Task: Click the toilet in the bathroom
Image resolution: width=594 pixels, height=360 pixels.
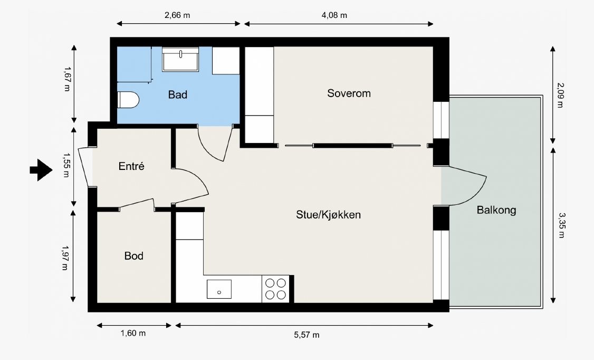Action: click(x=128, y=100)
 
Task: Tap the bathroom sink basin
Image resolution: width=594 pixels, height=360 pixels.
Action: click(x=180, y=60)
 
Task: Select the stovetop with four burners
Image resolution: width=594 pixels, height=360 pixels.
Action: click(x=275, y=289)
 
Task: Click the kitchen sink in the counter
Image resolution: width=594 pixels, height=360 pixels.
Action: click(x=219, y=289)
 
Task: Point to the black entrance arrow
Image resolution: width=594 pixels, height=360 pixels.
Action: click(x=41, y=170)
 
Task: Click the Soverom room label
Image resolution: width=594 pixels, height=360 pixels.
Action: click(x=349, y=93)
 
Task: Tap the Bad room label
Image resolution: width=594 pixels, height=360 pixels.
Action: click(x=178, y=94)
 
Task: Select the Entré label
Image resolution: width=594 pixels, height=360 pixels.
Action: click(x=131, y=166)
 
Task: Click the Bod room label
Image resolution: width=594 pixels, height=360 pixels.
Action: click(x=133, y=256)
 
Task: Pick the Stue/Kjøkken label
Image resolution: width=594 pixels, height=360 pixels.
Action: click(x=329, y=215)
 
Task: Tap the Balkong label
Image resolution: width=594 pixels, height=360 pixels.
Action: click(x=496, y=210)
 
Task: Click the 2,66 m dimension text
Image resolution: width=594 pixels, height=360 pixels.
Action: click(x=177, y=15)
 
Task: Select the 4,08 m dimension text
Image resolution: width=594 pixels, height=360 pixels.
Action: click(x=334, y=15)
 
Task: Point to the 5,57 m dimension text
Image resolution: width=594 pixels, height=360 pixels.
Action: click(x=306, y=335)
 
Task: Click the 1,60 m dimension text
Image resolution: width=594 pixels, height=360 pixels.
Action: click(x=133, y=333)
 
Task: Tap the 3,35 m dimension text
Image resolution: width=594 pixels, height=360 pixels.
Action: click(x=561, y=225)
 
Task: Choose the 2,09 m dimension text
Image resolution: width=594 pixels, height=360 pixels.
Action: click(x=560, y=95)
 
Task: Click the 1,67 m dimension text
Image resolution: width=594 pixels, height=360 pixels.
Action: click(x=66, y=79)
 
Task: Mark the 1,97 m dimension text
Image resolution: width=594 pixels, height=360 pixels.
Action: click(x=65, y=258)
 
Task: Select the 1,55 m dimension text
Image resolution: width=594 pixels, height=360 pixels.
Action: click(x=66, y=165)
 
